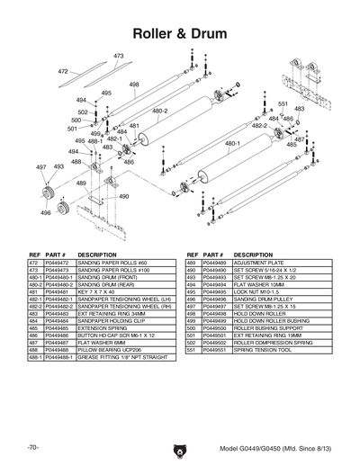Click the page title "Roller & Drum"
tap(179, 33)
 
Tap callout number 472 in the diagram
tap(63, 71)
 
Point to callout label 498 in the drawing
tap(134, 85)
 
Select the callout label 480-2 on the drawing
tap(160, 112)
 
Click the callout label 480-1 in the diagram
tap(231, 143)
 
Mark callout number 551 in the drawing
tap(283, 104)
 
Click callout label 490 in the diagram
tap(123, 196)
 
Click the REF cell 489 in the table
tap(191, 264)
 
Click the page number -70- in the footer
tap(32, 447)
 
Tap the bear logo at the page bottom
tap(180, 445)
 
